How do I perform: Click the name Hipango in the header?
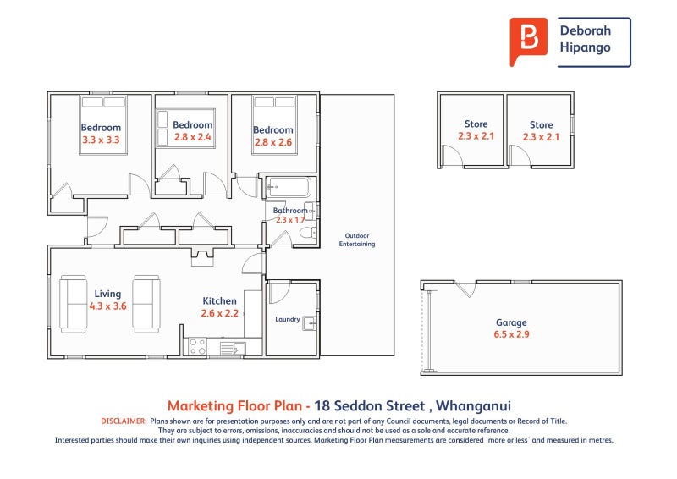click(585, 47)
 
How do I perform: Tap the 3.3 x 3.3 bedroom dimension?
click(101, 140)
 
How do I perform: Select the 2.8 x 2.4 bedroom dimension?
click(193, 137)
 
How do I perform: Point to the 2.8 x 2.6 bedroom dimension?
click(273, 142)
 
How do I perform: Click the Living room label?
click(107, 294)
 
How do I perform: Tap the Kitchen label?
click(220, 301)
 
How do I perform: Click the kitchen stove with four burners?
click(198, 346)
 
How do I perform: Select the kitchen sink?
click(233, 348)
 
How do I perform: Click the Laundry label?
click(288, 319)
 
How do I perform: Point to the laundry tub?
click(310, 323)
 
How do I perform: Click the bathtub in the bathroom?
click(288, 187)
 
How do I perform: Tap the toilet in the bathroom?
click(308, 233)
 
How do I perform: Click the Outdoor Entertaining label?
click(357, 239)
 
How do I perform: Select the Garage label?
click(511, 322)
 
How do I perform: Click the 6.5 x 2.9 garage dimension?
click(511, 334)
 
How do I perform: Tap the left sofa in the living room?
click(73, 304)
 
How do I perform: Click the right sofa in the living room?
click(146, 304)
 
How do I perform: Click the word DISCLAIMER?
click(124, 421)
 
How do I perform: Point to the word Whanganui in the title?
click(473, 406)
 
